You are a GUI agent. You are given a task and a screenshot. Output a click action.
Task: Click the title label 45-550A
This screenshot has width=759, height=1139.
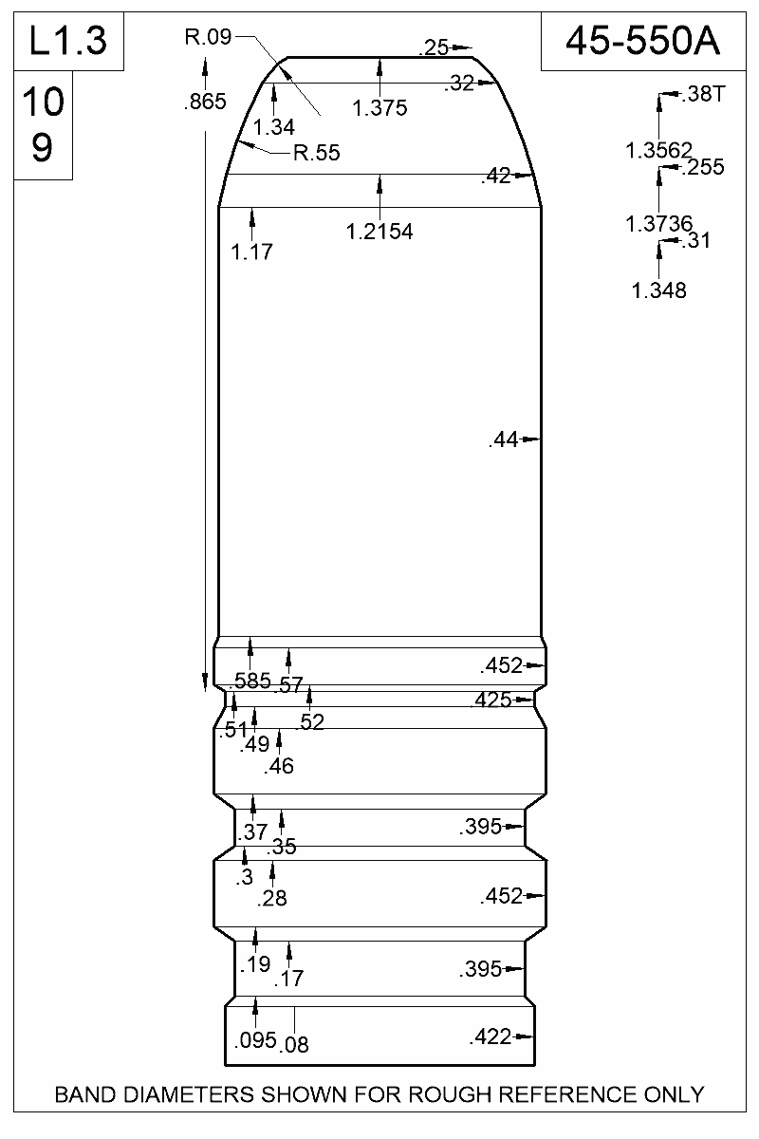tap(641, 41)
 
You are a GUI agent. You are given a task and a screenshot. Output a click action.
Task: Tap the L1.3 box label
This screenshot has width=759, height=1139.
tap(67, 41)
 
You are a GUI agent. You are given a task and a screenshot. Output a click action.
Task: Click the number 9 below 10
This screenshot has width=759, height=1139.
tap(42, 149)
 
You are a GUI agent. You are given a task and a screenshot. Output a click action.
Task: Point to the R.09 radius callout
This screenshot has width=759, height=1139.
tap(207, 37)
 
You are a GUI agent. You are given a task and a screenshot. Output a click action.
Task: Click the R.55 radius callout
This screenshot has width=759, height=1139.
tap(316, 153)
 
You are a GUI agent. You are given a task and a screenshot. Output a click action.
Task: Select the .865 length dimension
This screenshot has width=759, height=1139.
tap(204, 103)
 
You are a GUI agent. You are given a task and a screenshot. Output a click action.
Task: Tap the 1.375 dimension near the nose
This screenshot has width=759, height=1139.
tap(379, 108)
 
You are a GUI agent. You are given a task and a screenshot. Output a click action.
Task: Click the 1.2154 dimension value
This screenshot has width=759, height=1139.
tap(379, 231)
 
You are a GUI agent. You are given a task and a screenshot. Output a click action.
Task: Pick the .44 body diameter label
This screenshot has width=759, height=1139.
tap(504, 439)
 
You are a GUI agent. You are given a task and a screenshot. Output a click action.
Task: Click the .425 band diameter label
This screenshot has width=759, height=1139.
tap(491, 701)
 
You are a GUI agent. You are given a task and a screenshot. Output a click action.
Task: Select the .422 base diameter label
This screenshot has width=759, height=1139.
tap(490, 1037)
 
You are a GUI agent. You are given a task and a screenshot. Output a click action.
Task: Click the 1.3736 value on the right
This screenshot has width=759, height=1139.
tap(658, 224)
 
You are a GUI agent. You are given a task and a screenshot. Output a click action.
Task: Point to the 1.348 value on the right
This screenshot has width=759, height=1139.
tap(658, 290)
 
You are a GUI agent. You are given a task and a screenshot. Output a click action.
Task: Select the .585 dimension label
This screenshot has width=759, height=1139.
tap(251, 680)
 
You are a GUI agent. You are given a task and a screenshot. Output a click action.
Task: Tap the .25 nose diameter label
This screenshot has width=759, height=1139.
tap(435, 47)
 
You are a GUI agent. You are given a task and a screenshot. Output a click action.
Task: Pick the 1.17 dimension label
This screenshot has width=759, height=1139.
tap(252, 252)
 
